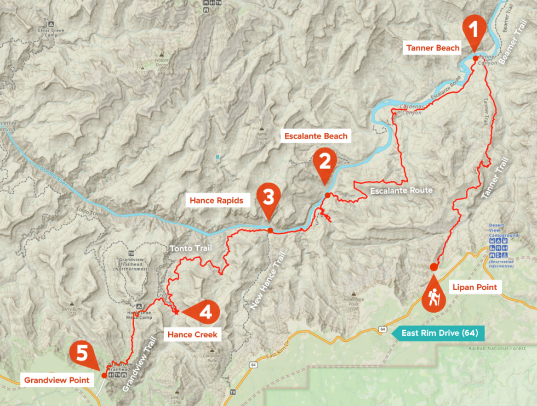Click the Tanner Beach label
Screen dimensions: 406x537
tap(433, 48)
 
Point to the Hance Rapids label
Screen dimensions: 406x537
tap(216, 200)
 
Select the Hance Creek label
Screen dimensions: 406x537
tap(192, 334)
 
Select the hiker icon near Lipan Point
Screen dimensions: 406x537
tap(434, 298)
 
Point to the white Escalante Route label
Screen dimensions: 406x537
tap(402, 190)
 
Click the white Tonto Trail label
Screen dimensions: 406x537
tap(188, 249)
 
